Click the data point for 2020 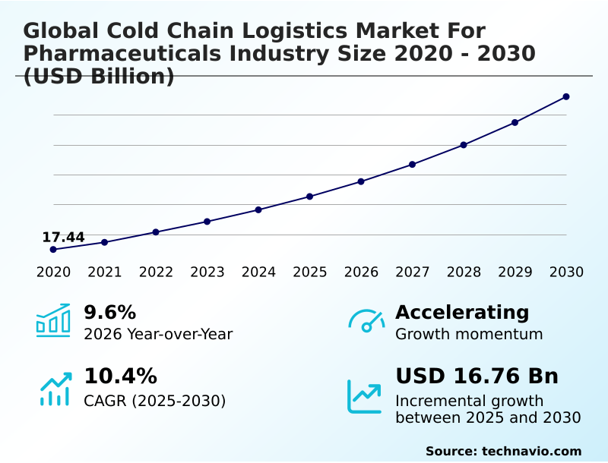pyautogui.click(x=53, y=249)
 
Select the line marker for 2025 pyautogui.click(x=310, y=197)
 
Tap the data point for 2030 pyautogui.click(x=566, y=96)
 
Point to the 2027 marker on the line pyautogui.click(x=412, y=164)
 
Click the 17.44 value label pyautogui.click(x=63, y=237)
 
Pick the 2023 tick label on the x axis pyautogui.click(x=207, y=272)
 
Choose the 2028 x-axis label pyautogui.click(x=464, y=272)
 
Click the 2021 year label pyautogui.click(x=105, y=272)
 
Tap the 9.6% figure pyautogui.click(x=109, y=312)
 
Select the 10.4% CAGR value pyautogui.click(x=120, y=376)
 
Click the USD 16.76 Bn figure pyautogui.click(x=477, y=376)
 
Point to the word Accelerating pyautogui.click(x=462, y=312)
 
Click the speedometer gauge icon pyautogui.click(x=366, y=320)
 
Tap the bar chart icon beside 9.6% pyautogui.click(x=53, y=320)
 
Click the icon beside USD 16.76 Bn pyautogui.click(x=365, y=396)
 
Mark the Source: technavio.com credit pyautogui.click(x=503, y=451)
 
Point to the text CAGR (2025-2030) pyautogui.click(x=154, y=401)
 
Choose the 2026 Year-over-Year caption pyautogui.click(x=158, y=334)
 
